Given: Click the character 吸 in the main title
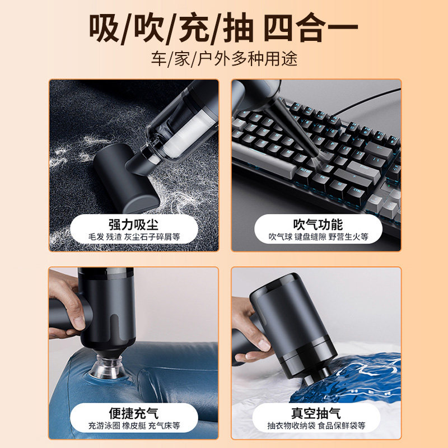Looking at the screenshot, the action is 104,29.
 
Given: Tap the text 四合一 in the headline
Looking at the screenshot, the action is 311,29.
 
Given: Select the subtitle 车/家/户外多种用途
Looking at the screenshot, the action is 225,59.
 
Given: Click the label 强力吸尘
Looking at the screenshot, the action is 133,225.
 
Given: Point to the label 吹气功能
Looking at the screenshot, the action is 318,225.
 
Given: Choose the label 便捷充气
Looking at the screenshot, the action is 133,413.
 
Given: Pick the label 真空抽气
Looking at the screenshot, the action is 316,413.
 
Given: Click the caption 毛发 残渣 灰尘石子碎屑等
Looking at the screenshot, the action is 134,237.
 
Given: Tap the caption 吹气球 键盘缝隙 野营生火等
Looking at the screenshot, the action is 318,237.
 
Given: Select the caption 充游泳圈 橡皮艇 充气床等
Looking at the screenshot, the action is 134,426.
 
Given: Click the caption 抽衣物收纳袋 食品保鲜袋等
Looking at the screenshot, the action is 316,426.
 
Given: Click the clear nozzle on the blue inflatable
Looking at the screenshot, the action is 108,367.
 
